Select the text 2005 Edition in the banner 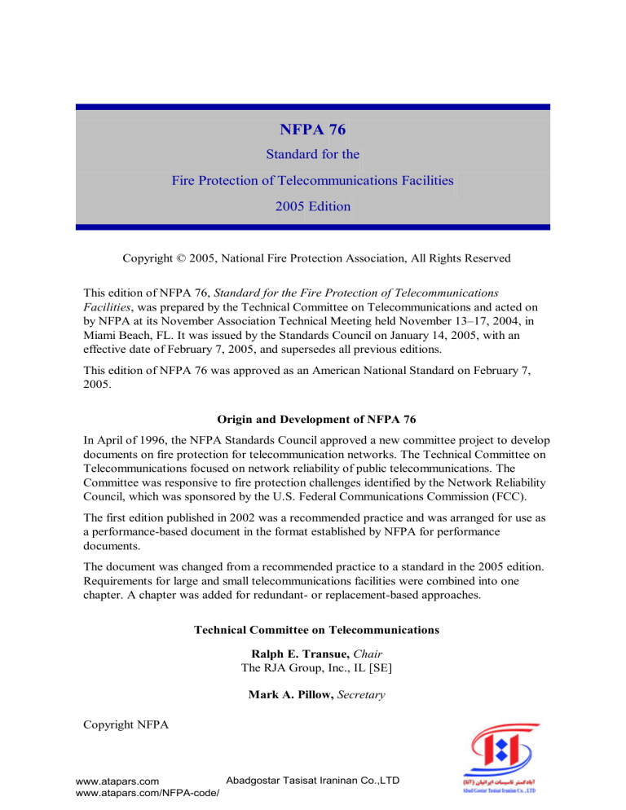point(313,206)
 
